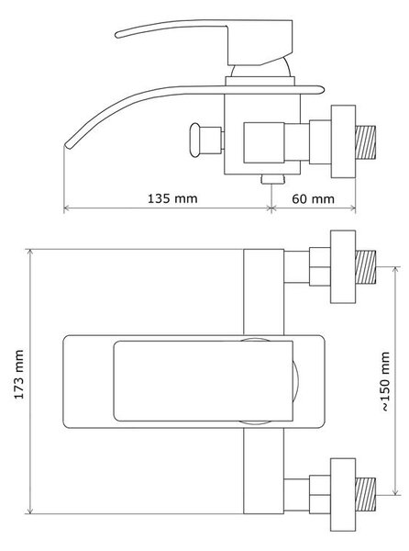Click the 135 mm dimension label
[172, 198]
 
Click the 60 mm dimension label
[313, 199]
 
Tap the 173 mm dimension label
[19, 375]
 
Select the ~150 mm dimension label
[385, 381]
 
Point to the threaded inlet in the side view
[366, 142]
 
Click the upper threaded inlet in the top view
[366, 267]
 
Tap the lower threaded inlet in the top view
[366, 494]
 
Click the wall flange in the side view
[343, 141]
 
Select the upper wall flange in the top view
[343, 266]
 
